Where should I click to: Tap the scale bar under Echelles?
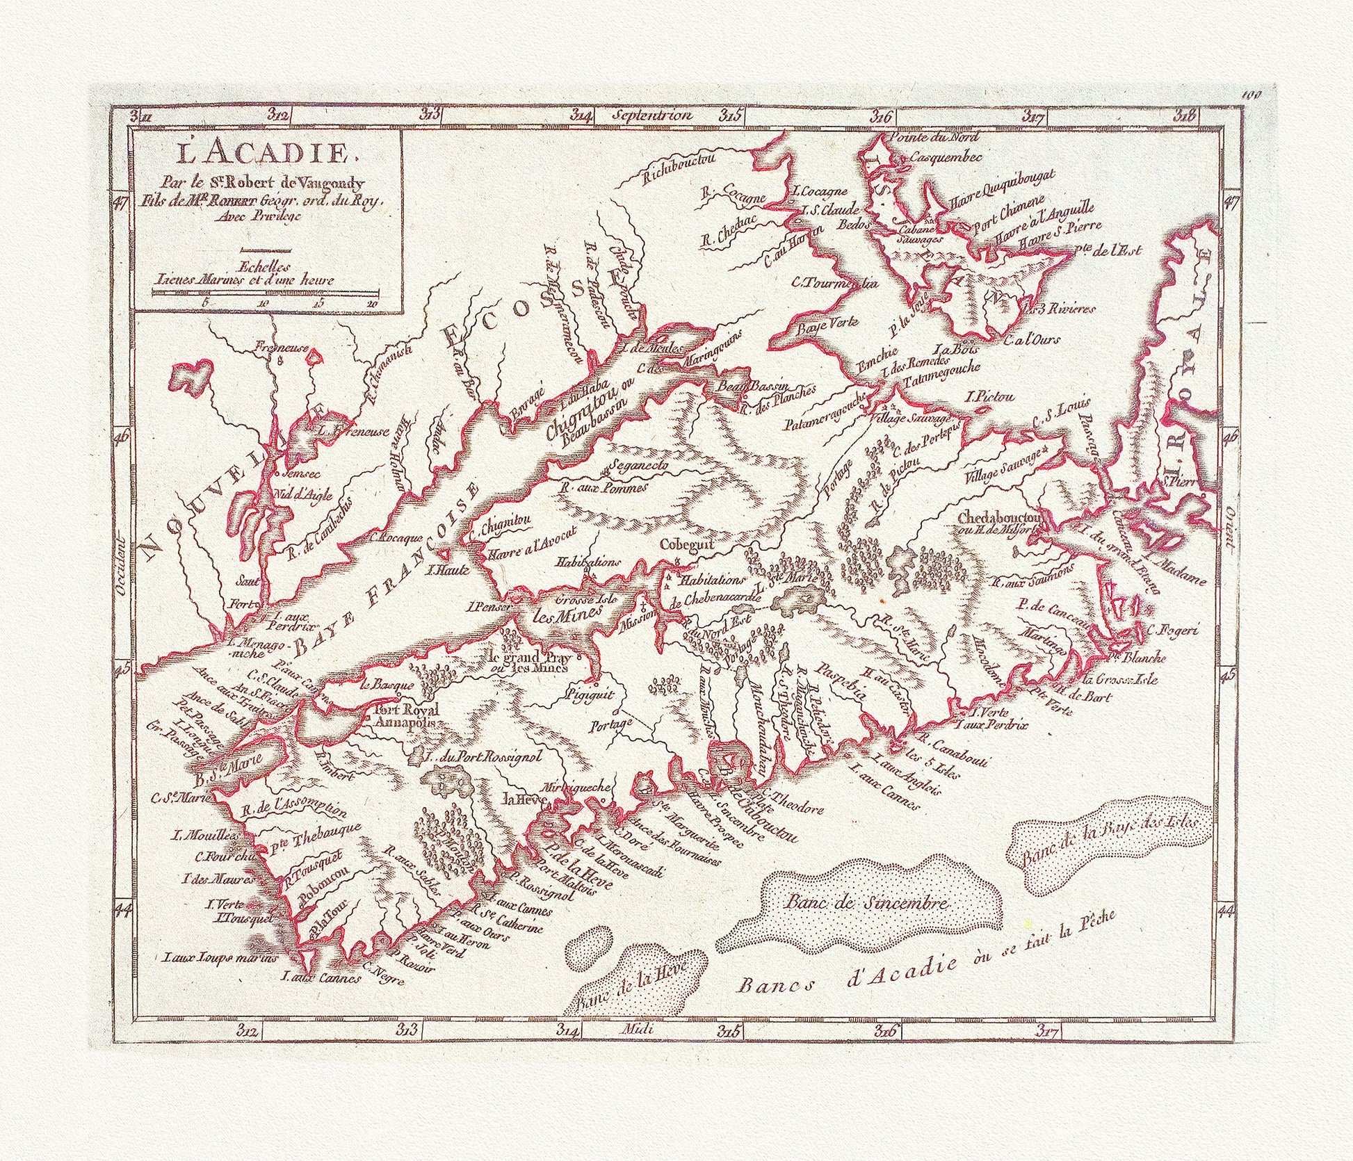264,293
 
